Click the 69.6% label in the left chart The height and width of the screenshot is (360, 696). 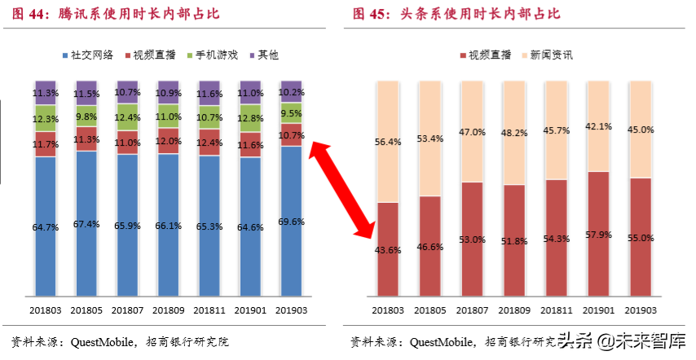click(x=291, y=221)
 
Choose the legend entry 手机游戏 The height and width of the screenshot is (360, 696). click(x=214, y=55)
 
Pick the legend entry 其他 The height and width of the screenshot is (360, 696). click(x=262, y=55)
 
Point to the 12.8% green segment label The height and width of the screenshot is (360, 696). click(x=250, y=118)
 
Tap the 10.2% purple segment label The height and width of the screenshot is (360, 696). click(x=291, y=93)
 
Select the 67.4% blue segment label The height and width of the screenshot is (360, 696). click(x=86, y=224)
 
